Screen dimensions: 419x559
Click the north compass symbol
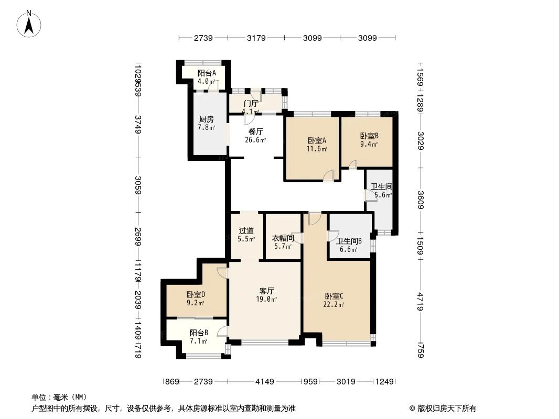29,24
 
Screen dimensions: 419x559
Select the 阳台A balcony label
207,77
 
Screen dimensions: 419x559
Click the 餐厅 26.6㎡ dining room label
255,136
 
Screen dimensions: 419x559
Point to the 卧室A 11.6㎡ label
317,145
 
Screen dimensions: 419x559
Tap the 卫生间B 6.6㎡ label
349,245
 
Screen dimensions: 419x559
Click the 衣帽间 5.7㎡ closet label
282,242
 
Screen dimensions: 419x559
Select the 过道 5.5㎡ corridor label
246,235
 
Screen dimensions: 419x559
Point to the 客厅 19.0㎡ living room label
267,295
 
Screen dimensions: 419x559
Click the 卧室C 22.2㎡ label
334,300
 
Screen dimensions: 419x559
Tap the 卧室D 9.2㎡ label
196,298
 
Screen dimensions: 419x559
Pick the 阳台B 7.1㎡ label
199,336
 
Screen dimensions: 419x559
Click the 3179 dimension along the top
256,38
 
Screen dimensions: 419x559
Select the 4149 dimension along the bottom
265,382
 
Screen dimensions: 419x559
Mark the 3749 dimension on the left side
137,124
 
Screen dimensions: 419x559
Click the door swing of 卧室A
329,176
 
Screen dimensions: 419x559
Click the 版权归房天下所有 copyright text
443,408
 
